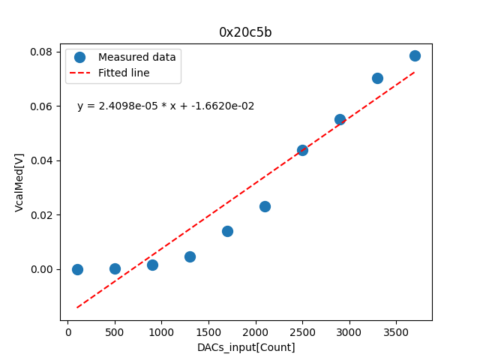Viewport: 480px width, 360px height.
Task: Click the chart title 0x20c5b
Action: (x=245, y=32)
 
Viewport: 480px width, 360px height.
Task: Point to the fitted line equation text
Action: (x=166, y=106)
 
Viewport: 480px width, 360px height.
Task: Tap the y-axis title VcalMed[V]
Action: (x=19, y=182)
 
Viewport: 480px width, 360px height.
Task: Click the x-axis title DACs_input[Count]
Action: (x=246, y=347)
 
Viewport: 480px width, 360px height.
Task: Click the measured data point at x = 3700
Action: (x=415, y=55)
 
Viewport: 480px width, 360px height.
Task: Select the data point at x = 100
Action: (x=77, y=269)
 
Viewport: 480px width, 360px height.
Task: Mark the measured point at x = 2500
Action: (x=302, y=150)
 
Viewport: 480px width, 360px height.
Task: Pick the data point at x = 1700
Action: (x=227, y=231)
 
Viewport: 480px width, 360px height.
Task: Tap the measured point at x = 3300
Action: (x=377, y=78)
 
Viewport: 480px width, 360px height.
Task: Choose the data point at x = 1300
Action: (x=190, y=256)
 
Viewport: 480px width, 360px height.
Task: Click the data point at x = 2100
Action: (x=265, y=206)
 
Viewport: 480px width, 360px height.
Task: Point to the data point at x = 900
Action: (x=152, y=265)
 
